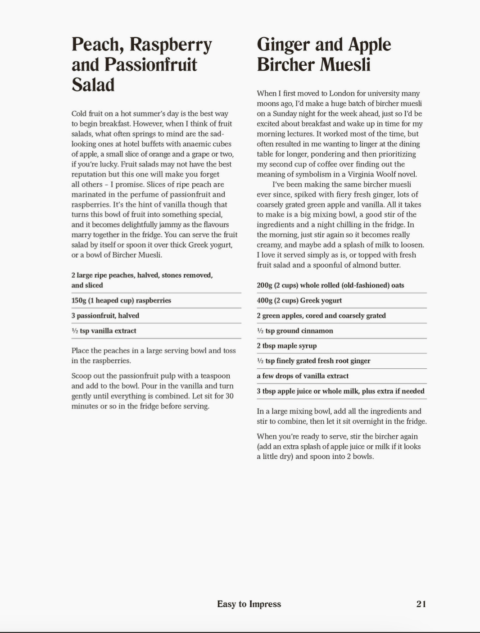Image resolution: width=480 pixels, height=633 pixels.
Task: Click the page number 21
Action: click(x=421, y=604)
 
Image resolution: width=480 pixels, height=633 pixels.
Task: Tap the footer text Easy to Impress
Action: click(x=249, y=604)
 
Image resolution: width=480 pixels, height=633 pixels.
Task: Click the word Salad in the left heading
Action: click(x=93, y=85)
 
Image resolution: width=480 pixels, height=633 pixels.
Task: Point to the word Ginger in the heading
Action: click(x=283, y=45)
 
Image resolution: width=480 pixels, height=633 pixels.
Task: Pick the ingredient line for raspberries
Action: click(x=121, y=300)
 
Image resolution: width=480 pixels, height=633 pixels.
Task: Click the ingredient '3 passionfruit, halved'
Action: click(x=105, y=316)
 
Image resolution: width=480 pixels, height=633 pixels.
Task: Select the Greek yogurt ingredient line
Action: click(x=299, y=300)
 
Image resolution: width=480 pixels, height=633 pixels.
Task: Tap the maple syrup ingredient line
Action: click(x=287, y=346)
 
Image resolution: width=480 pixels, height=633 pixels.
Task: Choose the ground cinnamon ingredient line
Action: click(x=295, y=330)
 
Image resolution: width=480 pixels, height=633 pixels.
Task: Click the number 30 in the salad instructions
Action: click(x=229, y=396)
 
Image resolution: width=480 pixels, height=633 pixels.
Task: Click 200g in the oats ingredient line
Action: click(x=264, y=285)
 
